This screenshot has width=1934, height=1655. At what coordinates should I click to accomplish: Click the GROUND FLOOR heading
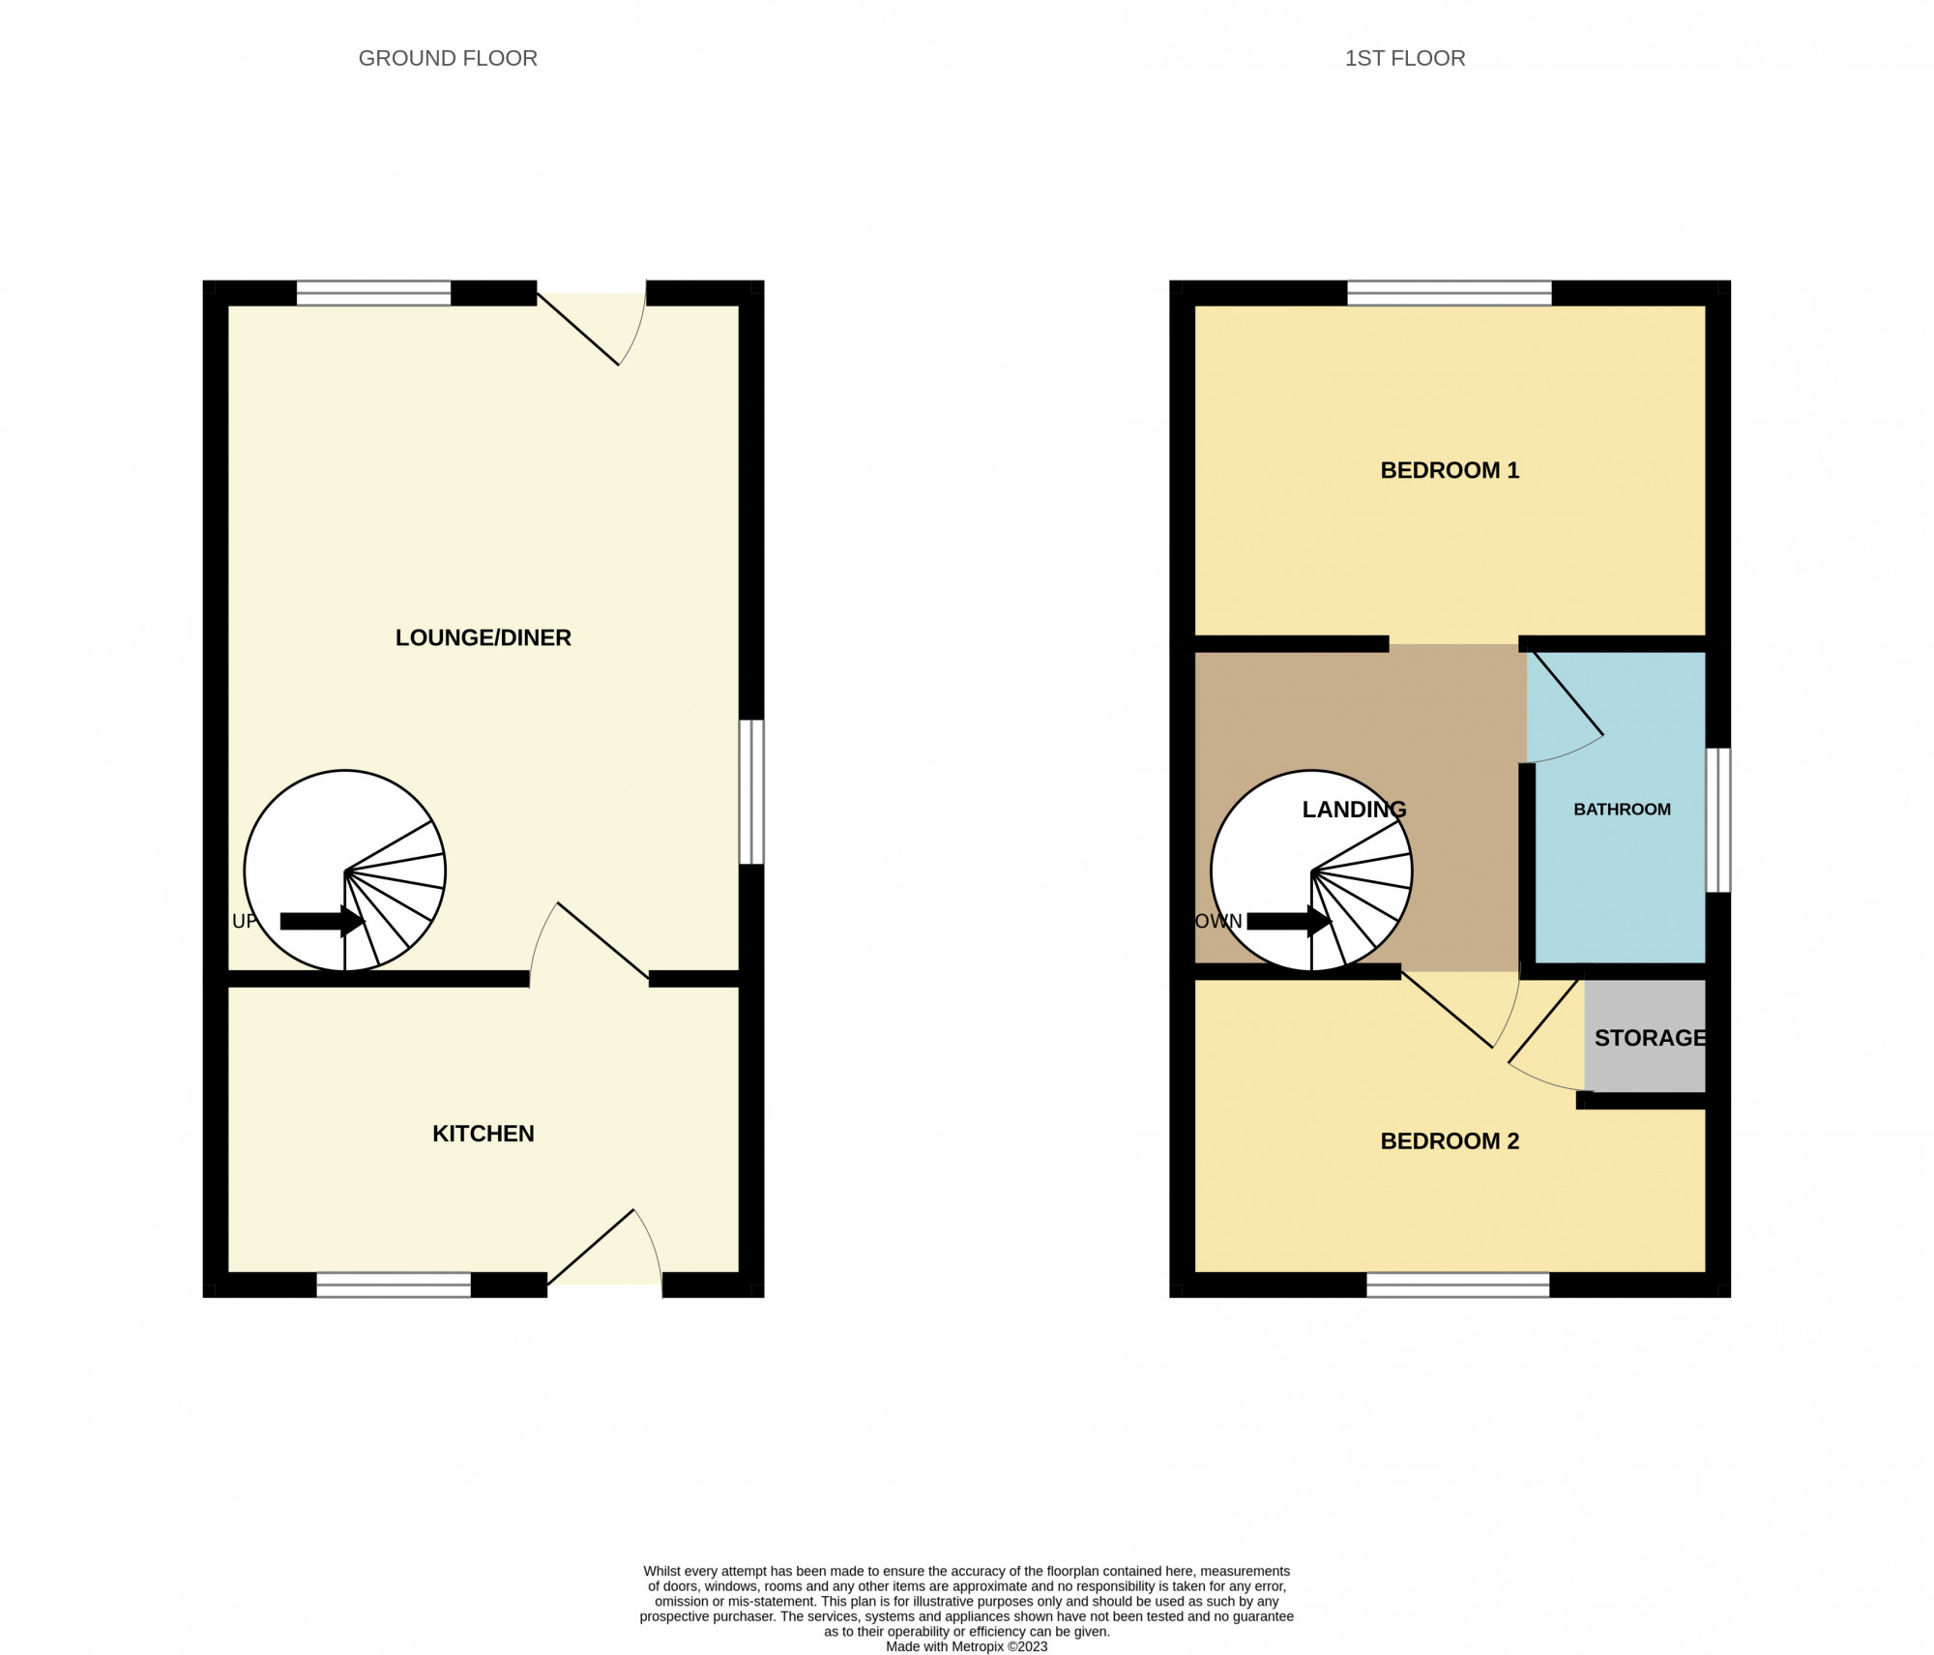point(448,58)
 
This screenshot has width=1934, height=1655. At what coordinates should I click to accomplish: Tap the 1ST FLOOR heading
point(1405,58)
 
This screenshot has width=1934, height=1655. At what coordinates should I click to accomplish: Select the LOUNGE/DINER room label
point(483,637)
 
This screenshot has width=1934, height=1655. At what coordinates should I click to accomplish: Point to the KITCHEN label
point(483,1134)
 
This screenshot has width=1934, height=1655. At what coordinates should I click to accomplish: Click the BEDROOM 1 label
point(1450,470)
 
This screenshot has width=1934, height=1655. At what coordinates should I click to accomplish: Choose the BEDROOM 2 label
point(1450,1141)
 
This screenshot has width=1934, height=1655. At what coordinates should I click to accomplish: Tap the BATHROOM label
point(1622,810)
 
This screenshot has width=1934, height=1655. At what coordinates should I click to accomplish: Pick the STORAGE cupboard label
point(1650,1038)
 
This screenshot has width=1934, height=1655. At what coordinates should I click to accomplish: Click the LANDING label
point(1354,810)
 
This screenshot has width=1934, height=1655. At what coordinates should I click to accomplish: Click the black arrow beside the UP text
point(322,921)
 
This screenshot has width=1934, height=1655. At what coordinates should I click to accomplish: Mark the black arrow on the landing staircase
point(1289,921)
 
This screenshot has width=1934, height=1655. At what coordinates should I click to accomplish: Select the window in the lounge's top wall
point(373,293)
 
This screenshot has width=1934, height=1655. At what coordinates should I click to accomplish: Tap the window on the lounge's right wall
point(751,791)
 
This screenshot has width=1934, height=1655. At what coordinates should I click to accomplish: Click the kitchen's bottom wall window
point(394,1285)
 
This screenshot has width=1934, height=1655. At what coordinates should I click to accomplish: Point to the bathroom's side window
point(1718,820)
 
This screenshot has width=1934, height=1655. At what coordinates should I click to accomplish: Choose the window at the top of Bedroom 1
point(1450,293)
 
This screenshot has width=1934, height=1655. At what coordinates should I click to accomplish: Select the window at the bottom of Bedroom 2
point(1457,1285)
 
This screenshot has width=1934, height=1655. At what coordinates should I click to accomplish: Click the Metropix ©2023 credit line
point(966,1646)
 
